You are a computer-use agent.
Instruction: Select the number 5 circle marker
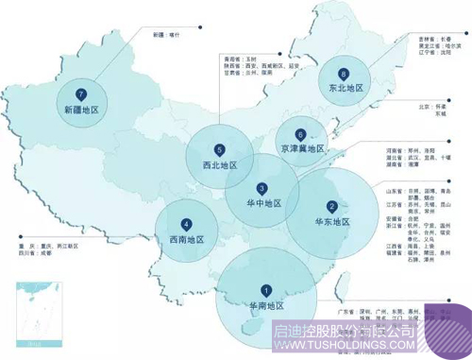click(x=219, y=149)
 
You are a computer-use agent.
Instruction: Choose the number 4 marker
click(x=186, y=225)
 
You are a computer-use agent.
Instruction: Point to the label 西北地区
click(x=219, y=164)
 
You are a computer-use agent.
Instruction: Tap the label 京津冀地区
click(x=301, y=149)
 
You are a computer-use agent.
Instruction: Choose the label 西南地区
click(x=186, y=240)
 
